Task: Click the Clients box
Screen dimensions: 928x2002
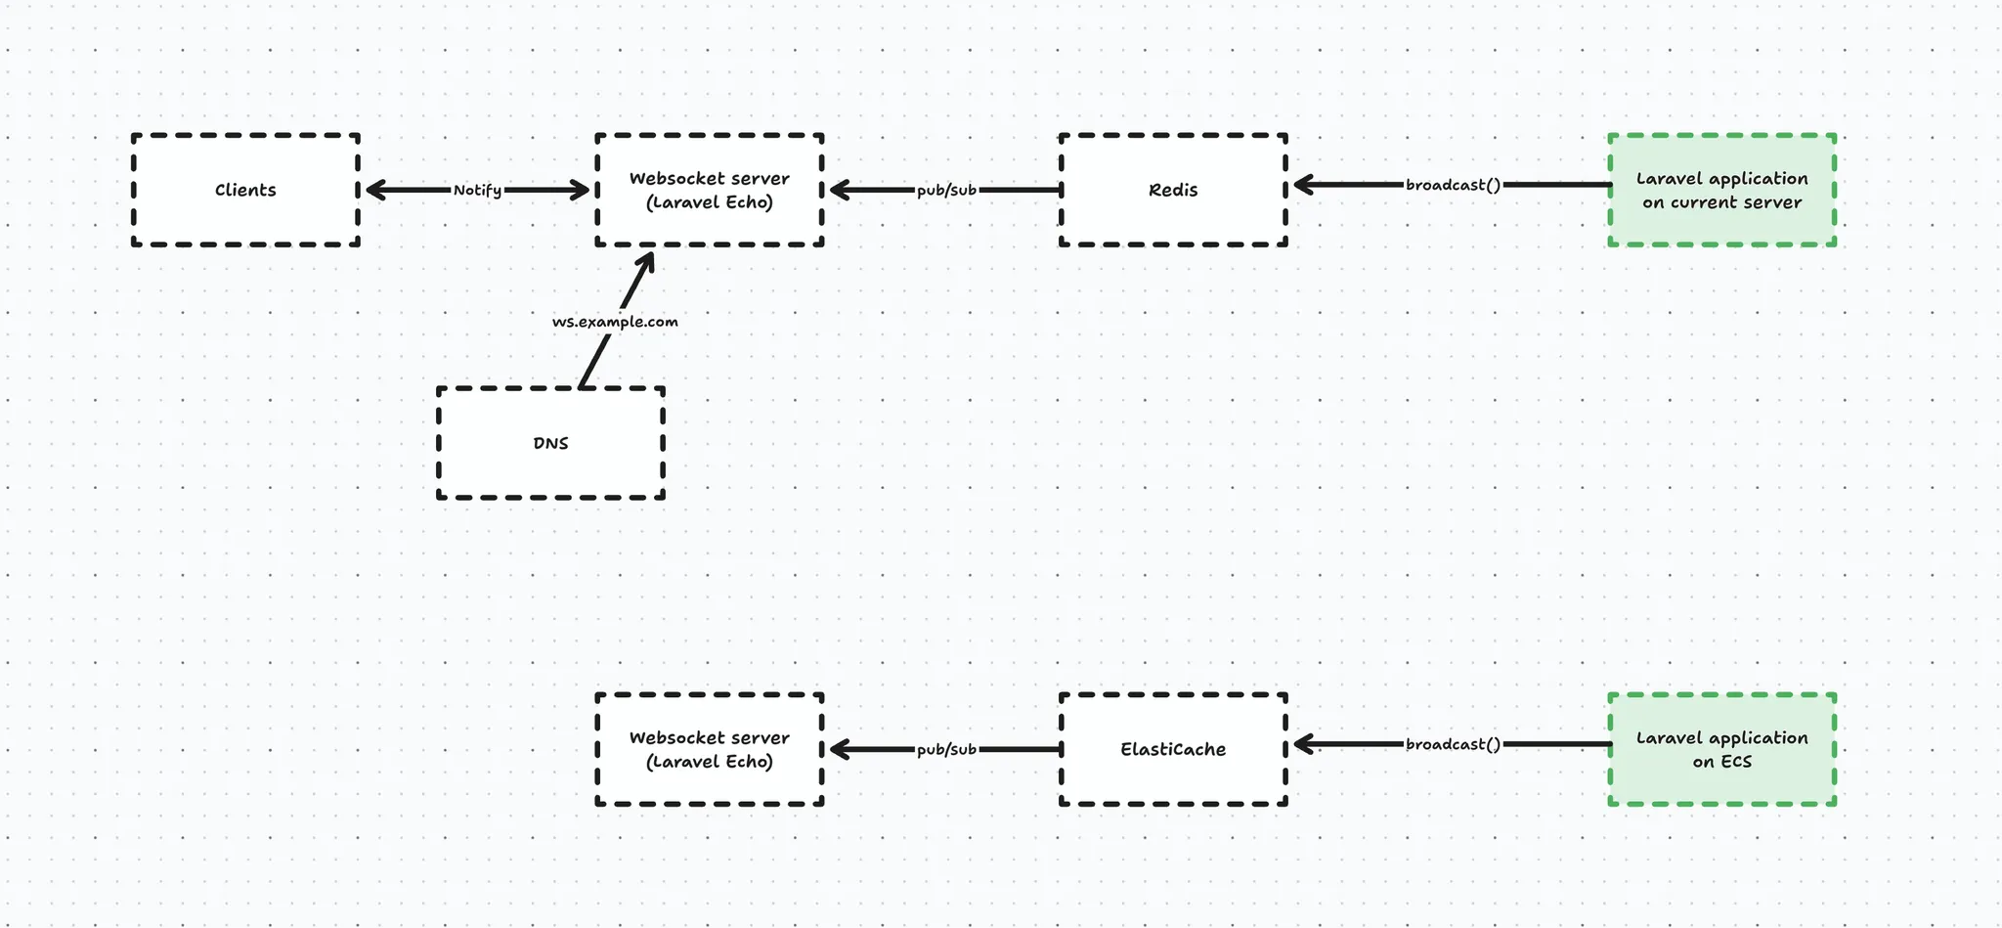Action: pyautogui.click(x=245, y=190)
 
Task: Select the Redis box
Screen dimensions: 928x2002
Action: pyautogui.click(x=1173, y=190)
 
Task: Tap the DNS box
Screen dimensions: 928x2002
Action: pyautogui.click(x=550, y=443)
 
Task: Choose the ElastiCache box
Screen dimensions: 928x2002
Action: pyautogui.click(x=1173, y=749)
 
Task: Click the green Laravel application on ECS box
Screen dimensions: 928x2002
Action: pyautogui.click(x=1721, y=749)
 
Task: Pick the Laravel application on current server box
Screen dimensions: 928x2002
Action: pyautogui.click(x=1721, y=190)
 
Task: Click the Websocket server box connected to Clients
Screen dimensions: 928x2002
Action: pyautogui.click(x=710, y=190)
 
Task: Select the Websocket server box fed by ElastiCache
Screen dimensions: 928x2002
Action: pyautogui.click(x=710, y=749)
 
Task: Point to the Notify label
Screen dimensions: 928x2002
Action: pyautogui.click(x=477, y=190)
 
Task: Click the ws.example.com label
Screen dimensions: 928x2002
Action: pyautogui.click(x=615, y=322)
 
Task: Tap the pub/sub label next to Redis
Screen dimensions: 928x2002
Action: pyautogui.click(x=946, y=190)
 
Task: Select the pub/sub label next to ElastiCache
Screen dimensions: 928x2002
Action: pyautogui.click(x=946, y=749)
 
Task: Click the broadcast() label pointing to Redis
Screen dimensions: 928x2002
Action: pyautogui.click(x=1453, y=185)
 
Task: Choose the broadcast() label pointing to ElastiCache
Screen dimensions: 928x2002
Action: pyautogui.click(x=1453, y=744)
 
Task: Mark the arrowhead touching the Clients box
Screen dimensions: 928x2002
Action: pyautogui.click(x=371, y=190)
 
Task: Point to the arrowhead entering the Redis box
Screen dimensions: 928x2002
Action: pyautogui.click(x=1302, y=184)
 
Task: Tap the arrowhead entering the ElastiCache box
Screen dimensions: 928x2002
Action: pyautogui.click(x=1302, y=744)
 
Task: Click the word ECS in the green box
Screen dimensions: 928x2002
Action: pyautogui.click(x=1736, y=762)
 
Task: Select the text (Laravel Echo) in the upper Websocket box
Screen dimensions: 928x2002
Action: pyautogui.click(x=710, y=202)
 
